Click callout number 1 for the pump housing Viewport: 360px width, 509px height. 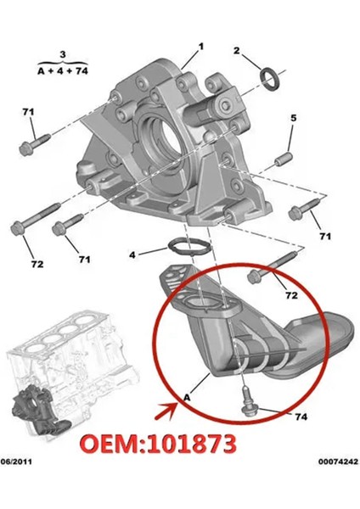click(201, 45)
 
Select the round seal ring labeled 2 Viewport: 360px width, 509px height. click(270, 81)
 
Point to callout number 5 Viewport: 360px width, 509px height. click(293, 117)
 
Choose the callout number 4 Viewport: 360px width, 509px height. click(132, 254)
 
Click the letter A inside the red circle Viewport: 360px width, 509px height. click(187, 394)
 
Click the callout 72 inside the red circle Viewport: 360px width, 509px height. click(290, 295)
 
